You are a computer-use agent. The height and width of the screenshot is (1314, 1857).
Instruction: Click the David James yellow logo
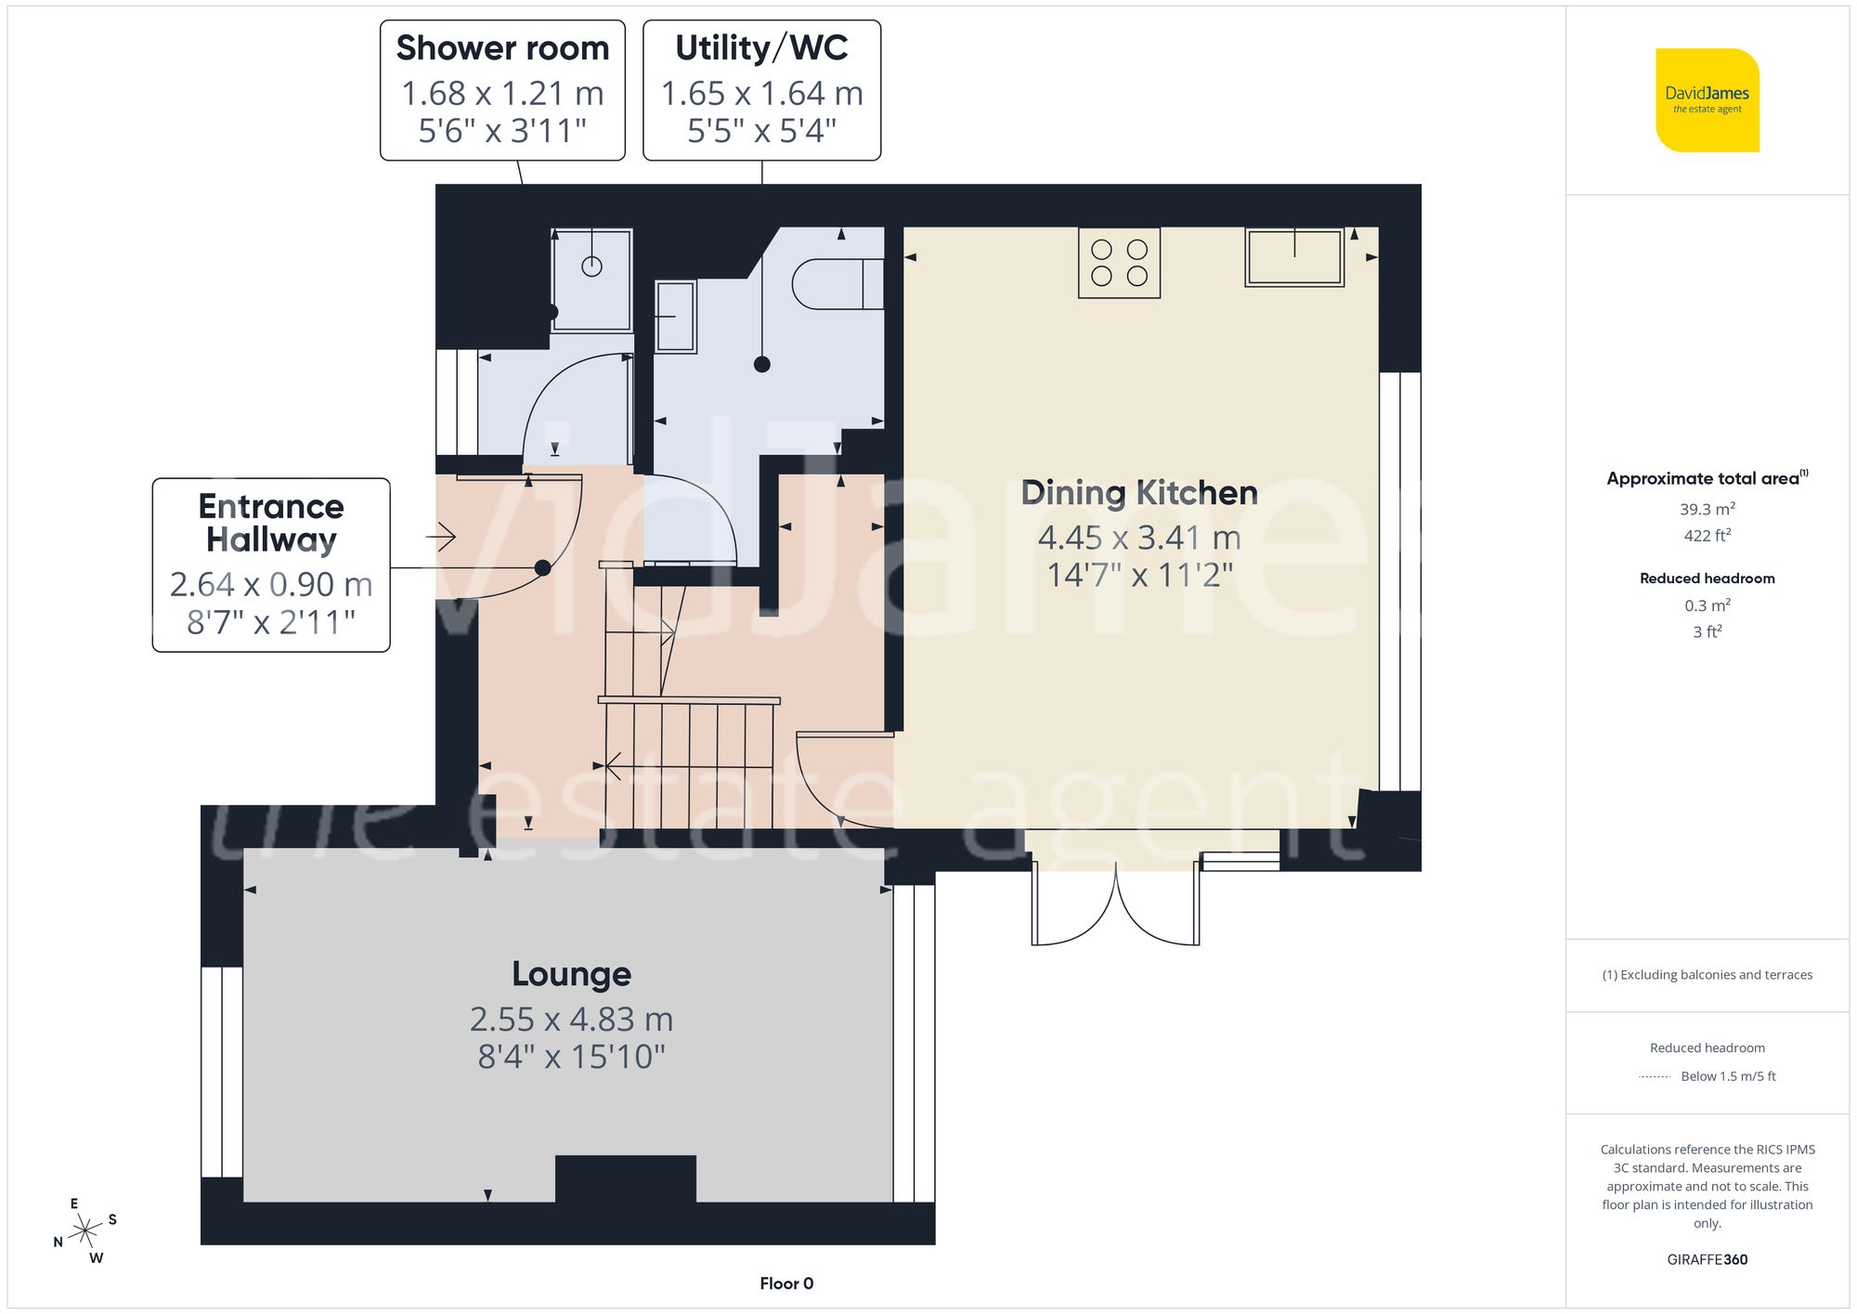click(1707, 100)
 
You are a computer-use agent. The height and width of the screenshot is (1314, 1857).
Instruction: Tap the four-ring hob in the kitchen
click(1119, 263)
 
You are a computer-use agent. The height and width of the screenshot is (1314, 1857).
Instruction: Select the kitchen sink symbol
click(1294, 257)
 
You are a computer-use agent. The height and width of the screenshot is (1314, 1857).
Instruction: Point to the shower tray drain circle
click(591, 267)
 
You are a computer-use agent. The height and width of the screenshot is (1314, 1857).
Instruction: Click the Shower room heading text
click(502, 48)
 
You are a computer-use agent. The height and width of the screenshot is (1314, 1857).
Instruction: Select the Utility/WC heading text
click(761, 48)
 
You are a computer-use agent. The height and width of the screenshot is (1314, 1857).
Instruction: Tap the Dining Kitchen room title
click(1139, 492)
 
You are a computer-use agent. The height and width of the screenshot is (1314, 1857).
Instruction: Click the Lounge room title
click(571, 973)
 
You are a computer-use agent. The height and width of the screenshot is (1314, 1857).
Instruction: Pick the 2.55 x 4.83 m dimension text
click(571, 1020)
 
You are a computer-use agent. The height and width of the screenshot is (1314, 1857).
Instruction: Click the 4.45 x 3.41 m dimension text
click(1139, 538)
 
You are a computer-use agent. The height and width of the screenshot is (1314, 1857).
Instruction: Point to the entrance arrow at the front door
click(441, 537)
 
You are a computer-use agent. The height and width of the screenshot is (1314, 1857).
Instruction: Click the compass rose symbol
click(85, 1231)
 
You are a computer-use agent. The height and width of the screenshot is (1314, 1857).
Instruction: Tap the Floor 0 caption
click(786, 1283)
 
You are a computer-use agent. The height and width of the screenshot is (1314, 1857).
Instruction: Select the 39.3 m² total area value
click(1707, 509)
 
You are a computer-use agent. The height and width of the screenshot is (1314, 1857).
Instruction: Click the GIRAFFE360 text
click(1707, 1259)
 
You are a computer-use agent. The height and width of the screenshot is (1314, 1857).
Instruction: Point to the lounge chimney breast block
click(625, 1177)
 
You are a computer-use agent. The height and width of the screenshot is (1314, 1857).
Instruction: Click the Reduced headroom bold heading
click(1707, 578)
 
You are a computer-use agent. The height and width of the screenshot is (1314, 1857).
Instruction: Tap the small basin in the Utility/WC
click(675, 317)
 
